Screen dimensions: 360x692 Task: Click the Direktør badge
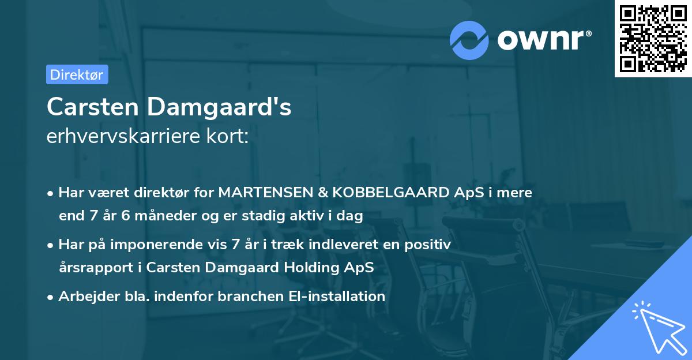coord(77,74)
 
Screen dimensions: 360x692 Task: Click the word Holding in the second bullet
coord(319,268)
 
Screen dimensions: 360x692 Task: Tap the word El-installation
coord(337,297)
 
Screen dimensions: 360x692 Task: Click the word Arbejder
coord(85,297)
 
